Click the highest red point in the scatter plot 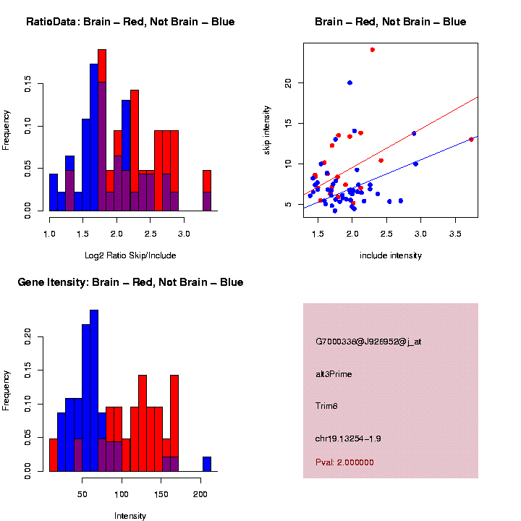pos(372,50)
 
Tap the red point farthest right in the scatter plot pos(471,139)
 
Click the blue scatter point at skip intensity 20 pos(350,83)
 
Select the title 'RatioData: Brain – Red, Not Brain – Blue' pos(130,22)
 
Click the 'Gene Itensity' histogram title pos(130,282)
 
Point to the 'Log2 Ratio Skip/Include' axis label pos(130,255)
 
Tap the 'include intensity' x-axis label pos(391,255)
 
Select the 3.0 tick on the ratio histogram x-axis pos(184,234)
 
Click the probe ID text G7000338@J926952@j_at pos(368,342)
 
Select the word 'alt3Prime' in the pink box pos(334,374)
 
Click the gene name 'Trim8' pos(326,406)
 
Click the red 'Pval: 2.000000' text pos(344,462)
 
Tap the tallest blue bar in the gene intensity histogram pos(94,391)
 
